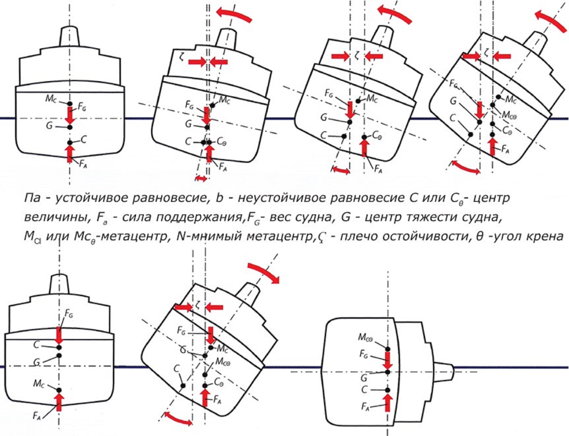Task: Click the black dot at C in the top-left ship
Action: pyautogui.click(x=70, y=143)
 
